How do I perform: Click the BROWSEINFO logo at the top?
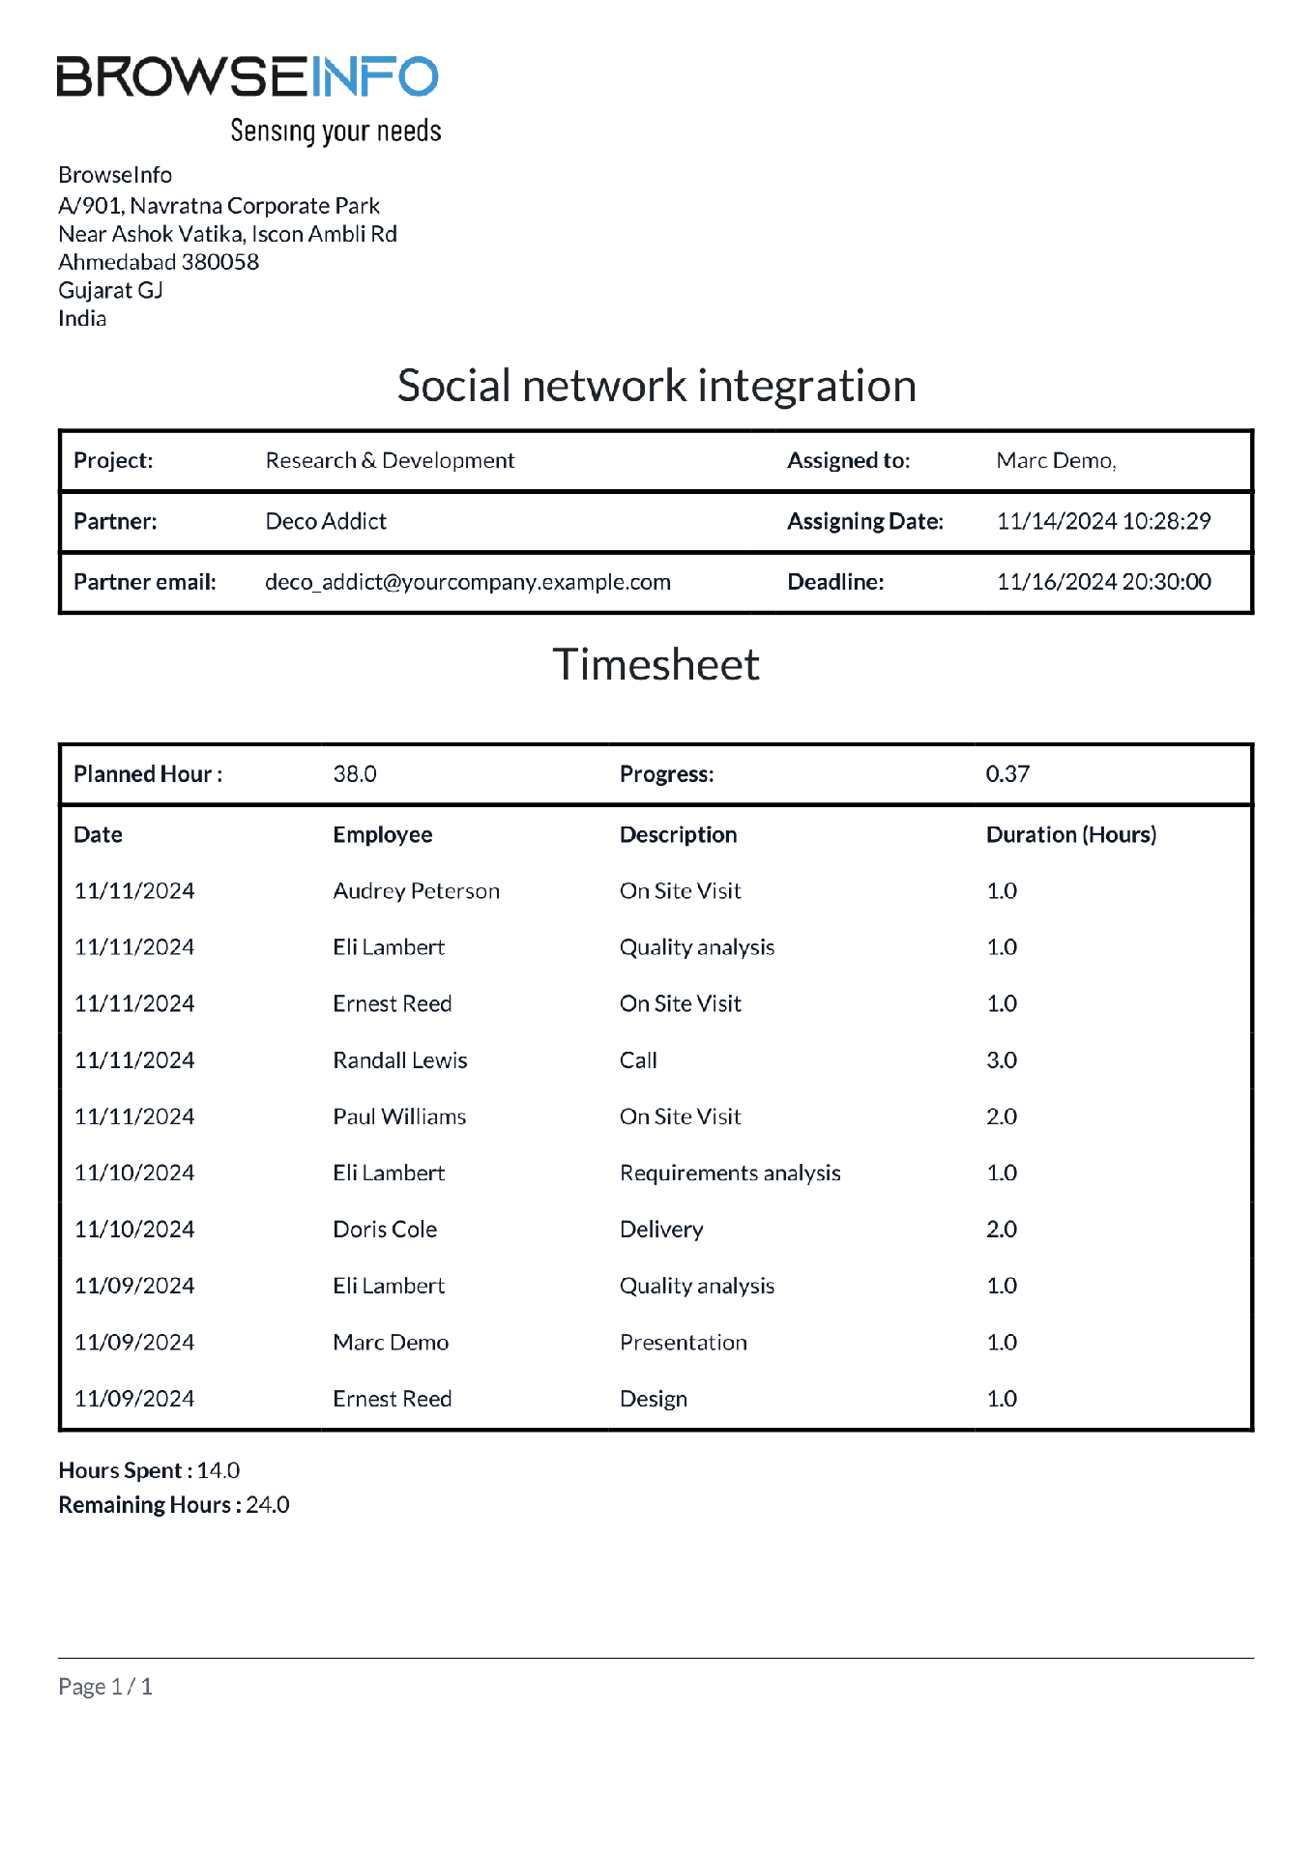(248, 77)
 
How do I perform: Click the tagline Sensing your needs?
(335, 131)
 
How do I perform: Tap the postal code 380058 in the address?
(220, 262)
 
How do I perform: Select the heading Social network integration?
(656, 386)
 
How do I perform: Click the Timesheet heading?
(656, 665)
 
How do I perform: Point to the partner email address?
(468, 582)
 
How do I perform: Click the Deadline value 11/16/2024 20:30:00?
(1103, 582)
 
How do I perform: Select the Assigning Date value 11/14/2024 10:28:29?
(1103, 522)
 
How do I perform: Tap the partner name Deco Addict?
(326, 522)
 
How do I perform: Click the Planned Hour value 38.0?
(355, 774)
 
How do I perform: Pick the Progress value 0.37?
(1007, 774)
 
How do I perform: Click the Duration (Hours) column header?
(1070, 835)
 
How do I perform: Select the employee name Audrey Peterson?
(416, 891)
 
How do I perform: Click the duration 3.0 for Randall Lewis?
(1002, 1060)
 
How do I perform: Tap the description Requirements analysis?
(730, 1174)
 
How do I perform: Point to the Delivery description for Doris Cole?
(661, 1230)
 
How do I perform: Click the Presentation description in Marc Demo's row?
(684, 1343)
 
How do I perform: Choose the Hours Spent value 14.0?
(219, 1471)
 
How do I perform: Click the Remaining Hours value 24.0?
(268, 1505)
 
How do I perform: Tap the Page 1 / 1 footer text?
(105, 1687)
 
